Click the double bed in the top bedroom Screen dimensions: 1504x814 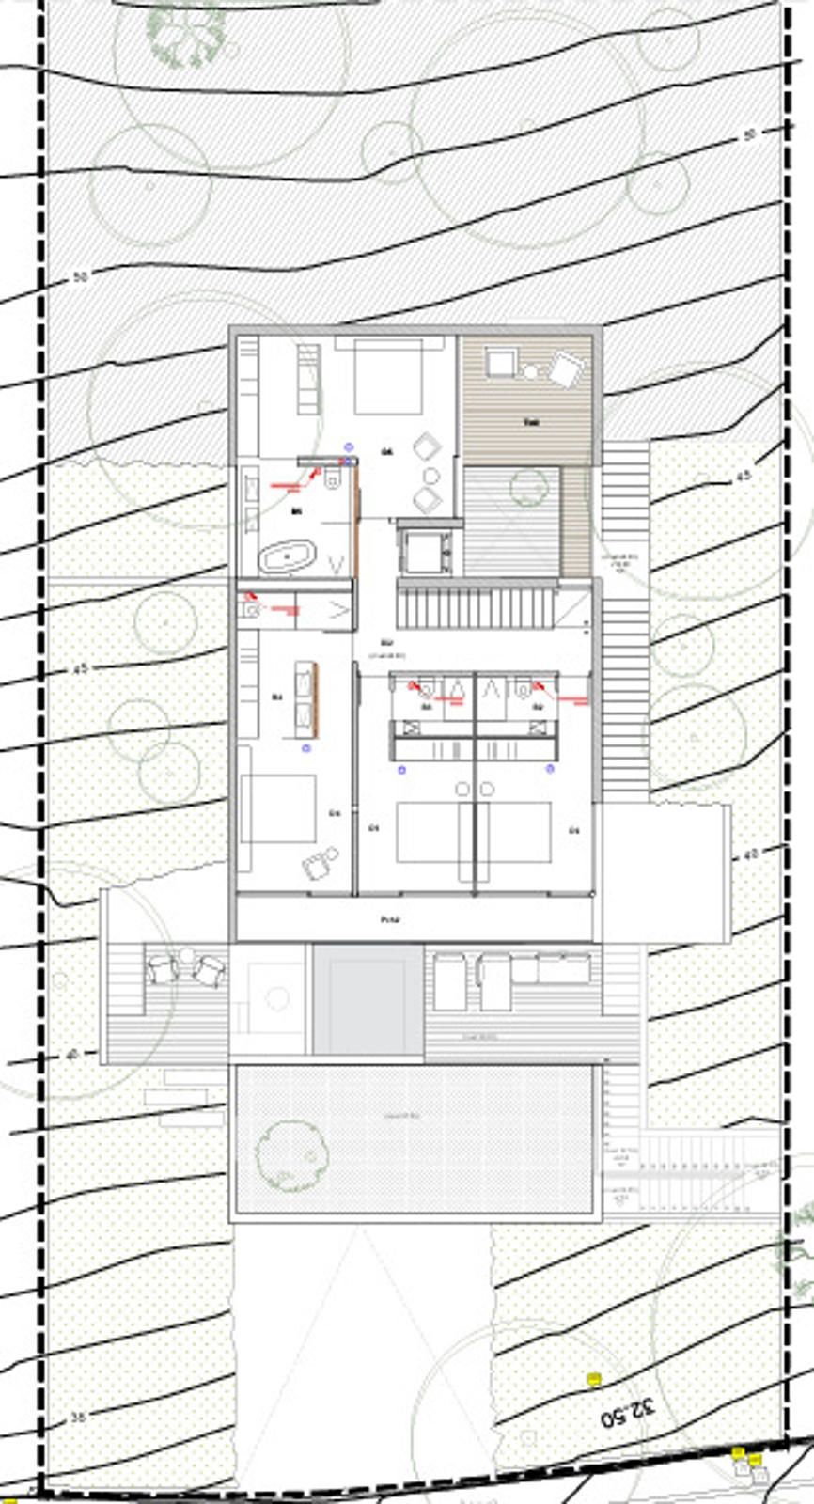[x=386, y=377]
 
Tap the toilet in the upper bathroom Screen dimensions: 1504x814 [x=331, y=481]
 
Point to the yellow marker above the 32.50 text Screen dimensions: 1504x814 [x=594, y=1379]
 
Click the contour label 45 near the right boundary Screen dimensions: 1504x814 [x=744, y=477]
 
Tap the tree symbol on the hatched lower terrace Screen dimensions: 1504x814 [x=290, y=1154]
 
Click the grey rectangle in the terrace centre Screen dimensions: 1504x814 [x=368, y=999]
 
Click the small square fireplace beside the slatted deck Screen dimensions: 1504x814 [x=428, y=550]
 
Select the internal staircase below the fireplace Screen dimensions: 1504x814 [x=477, y=607]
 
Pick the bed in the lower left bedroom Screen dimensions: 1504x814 [x=278, y=809]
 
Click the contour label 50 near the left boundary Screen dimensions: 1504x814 [x=80, y=277]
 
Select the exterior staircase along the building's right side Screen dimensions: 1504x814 [x=624, y=620]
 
